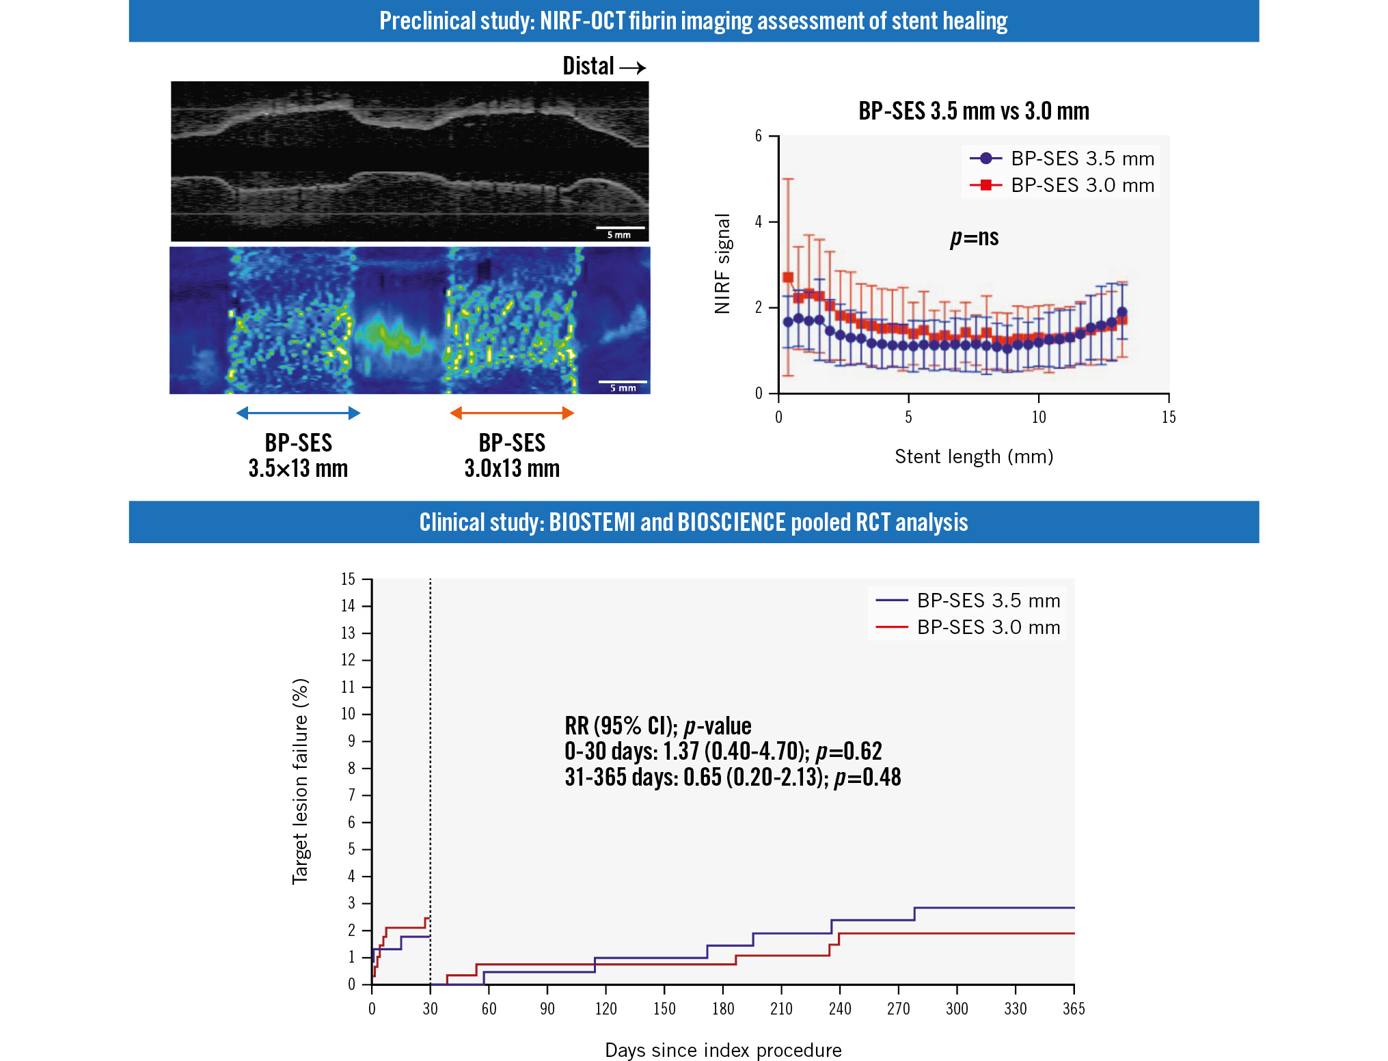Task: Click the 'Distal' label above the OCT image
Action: pyautogui.click(x=588, y=66)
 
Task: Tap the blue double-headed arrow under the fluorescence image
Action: pyautogui.click(x=298, y=413)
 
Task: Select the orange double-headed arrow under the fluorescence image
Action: pyautogui.click(x=512, y=413)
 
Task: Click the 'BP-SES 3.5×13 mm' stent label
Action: pyautogui.click(x=298, y=456)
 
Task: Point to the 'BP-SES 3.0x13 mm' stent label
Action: pyautogui.click(x=512, y=456)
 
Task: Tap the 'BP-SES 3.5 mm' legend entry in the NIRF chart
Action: pyautogui.click(x=1062, y=159)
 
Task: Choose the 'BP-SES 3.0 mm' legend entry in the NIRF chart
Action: pyautogui.click(x=1062, y=185)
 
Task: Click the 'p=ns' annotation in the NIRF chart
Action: pyautogui.click(x=974, y=238)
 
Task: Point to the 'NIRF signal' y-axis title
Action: pyautogui.click(x=722, y=264)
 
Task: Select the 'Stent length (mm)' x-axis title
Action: pyautogui.click(x=974, y=456)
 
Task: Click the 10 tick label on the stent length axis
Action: pyautogui.click(x=1038, y=417)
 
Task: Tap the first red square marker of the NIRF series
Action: pyautogui.click(x=788, y=277)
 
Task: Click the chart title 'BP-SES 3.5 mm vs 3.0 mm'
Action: pyautogui.click(x=974, y=111)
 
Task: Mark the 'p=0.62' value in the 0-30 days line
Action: pyautogui.click(x=849, y=752)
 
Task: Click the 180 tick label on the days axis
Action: pyautogui.click(x=722, y=1009)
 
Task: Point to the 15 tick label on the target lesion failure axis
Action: pyautogui.click(x=348, y=579)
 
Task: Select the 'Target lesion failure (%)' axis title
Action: pyautogui.click(x=301, y=782)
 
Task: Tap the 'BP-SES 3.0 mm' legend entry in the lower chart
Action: pyautogui.click(x=968, y=627)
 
